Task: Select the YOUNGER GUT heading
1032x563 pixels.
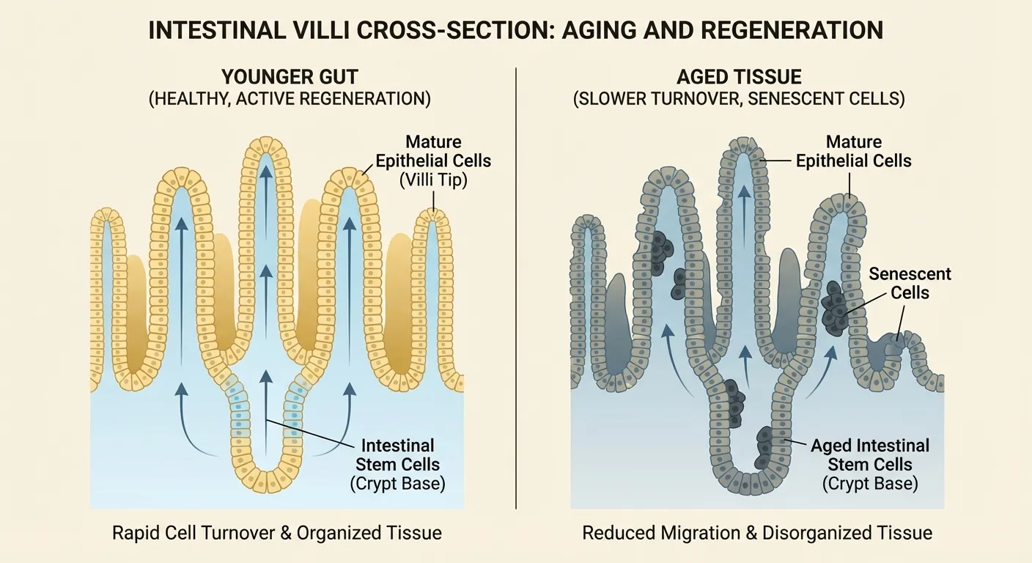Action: coord(290,77)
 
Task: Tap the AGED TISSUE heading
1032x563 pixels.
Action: coord(739,77)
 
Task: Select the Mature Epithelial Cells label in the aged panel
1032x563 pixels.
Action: coord(853,151)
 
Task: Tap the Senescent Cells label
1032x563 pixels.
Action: coord(910,283)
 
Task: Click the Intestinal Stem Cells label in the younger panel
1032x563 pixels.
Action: coord(398,455)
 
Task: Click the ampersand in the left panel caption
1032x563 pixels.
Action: coord(287,533)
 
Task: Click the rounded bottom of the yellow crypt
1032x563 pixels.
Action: coord(265,483)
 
